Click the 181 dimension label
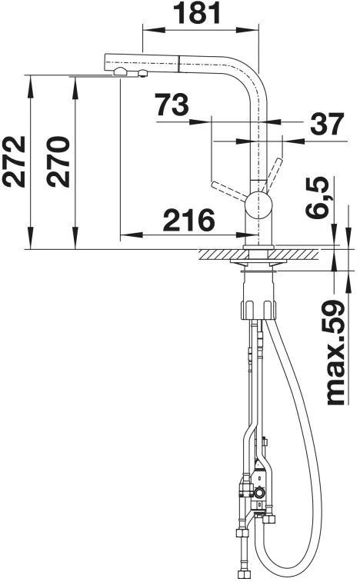pos(198,13)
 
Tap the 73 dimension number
pos(172,105)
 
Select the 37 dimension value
pos(327,124)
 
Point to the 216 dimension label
pos(188,220)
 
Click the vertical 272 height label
pos(14,161)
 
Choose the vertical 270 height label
pos(58,161)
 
